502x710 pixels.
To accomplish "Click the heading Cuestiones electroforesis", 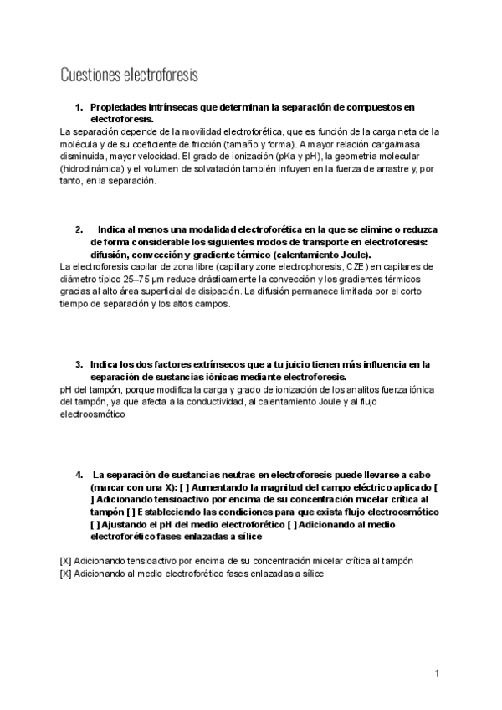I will coord(129,75).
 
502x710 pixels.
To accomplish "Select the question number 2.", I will coord(79,229).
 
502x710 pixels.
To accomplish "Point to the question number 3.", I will coord(79,364).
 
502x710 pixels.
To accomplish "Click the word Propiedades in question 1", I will coord(119,108).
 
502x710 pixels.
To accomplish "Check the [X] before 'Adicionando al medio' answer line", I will coord(66,574).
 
